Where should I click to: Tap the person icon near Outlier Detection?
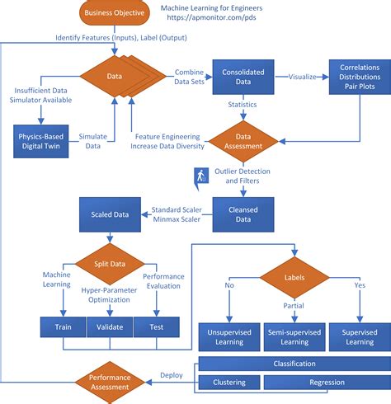(200, 175)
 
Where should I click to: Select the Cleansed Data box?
(241, 213)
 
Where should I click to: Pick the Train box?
(63, 327)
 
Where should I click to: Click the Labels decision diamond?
(294, 279)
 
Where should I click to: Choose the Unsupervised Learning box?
(228, 336)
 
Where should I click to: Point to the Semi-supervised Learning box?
(294, 336)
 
